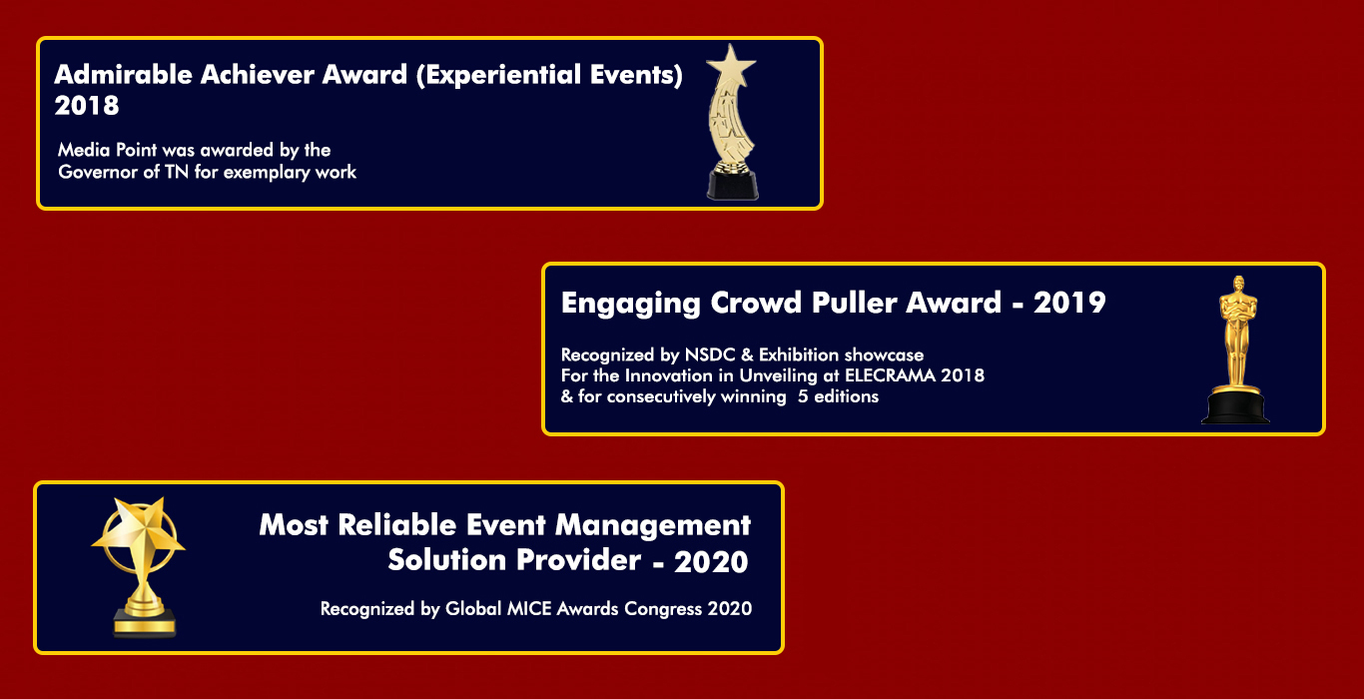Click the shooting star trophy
point(731,122)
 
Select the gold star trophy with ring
point(139,567)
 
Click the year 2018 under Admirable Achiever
point(87,106)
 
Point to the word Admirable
point(123,75)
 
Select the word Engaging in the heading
point(630,304)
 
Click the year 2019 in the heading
point(1069,303)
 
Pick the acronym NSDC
point(710,354)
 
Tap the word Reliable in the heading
point(397,525)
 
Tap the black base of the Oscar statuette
point(1235,406)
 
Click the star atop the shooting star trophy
point(731,65)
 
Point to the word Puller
point(854,303)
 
